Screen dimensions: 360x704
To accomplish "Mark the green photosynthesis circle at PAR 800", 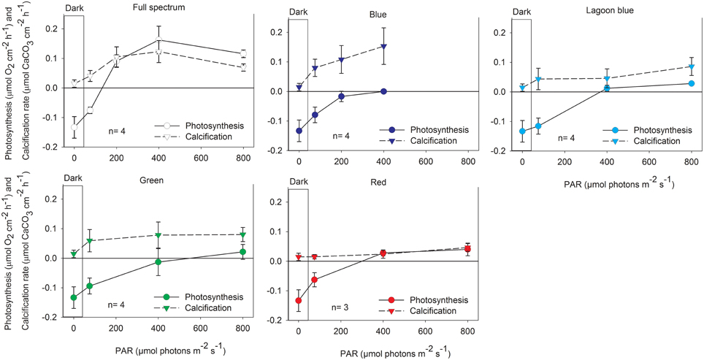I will pyautogui.click(x=243, y=252).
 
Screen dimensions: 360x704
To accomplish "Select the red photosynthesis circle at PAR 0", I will pyautogui.click(x=299, y=301).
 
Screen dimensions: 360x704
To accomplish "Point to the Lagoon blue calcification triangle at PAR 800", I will pyautogui.click(x=691, y=67).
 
